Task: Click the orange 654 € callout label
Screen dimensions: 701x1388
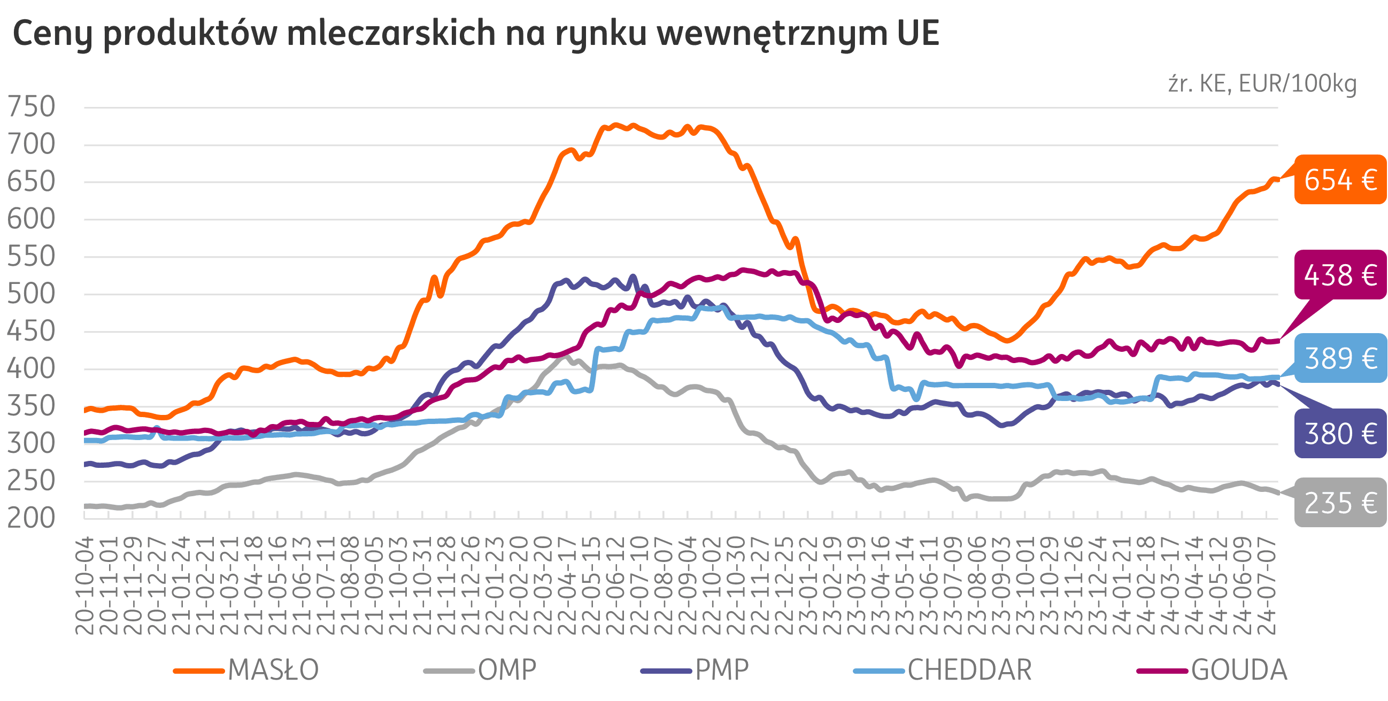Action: pyautogui.click(x=1340, y=180)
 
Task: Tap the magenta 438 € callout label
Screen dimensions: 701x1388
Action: pyautogui.click(x=1340, y=275)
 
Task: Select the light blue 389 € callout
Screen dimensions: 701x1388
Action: pyautogui.click(x=1340, y=358)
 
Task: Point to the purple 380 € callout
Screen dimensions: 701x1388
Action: pyautogui.click(x=1340, y=434)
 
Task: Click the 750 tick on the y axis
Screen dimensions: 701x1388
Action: pyautogui.click(x=31, y=107)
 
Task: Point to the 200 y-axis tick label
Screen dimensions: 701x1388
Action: pyautogui.click(x=31, y=518)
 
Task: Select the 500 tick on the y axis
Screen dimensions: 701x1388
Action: pyautogui.click(x=31, y=294)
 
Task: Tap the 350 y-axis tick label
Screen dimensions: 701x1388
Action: pyautogui.click(x=31, y=406)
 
